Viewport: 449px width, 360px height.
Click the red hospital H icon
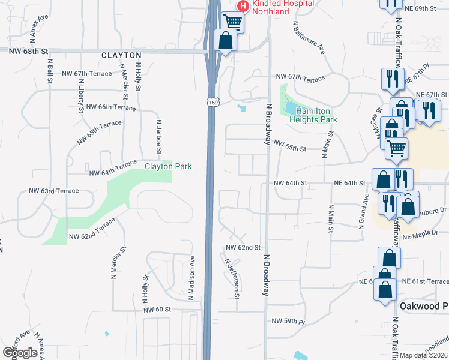[243, 6]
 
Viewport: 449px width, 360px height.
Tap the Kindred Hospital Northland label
[283, 7]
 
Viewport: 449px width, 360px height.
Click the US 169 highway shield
[212, 103]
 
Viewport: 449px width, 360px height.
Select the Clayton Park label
[168, 166]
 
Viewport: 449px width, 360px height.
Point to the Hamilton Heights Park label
[313, 115]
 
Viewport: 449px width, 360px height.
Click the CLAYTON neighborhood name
[121, 55]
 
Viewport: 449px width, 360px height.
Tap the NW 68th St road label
[28, 52]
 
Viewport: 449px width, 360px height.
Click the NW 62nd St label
[243, 247]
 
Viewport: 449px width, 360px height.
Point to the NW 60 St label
[157, 310]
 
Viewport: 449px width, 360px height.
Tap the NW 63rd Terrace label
[54, 191]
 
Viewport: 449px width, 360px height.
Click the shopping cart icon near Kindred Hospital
[232, 22]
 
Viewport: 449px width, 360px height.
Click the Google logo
[20, 352]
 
